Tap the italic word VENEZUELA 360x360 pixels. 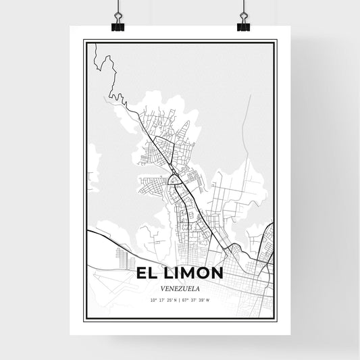coord(180,287)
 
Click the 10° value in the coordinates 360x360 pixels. coord(153,299)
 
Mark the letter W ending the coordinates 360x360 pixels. coord(208,299)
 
